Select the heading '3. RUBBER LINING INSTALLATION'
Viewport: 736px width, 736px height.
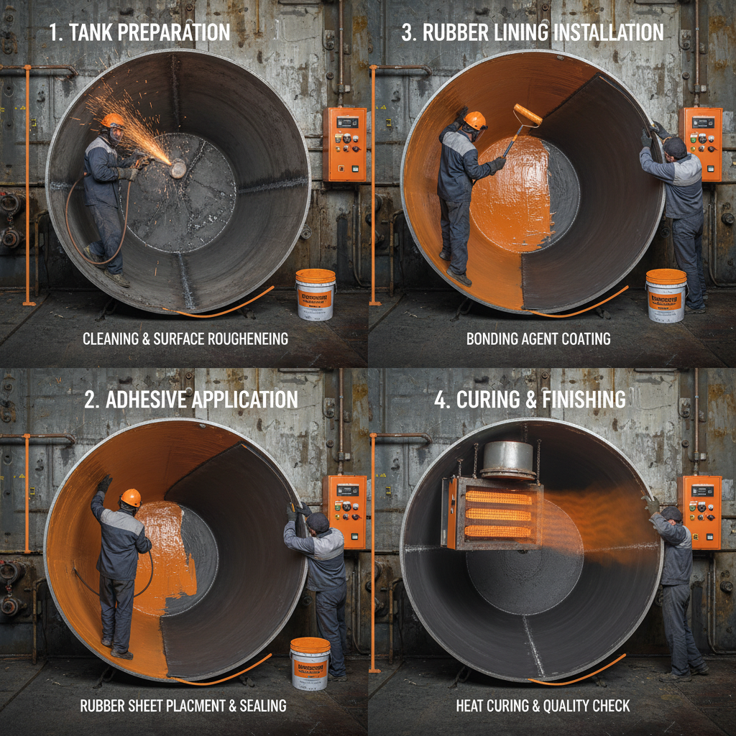[533, 32]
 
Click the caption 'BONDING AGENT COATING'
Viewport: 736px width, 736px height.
[538, 339]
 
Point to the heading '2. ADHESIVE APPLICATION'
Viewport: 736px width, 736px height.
[190, 400]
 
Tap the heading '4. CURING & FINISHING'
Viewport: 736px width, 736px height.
[530, 400]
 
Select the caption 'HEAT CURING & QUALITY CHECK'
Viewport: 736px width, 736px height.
[543, 706]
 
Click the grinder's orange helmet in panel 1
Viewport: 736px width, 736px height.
[112, 120]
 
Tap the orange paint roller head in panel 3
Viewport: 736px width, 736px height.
[528, 115]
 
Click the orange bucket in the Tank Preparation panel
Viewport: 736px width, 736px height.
[316, 294]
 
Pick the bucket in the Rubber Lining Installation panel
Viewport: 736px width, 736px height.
[666, 295]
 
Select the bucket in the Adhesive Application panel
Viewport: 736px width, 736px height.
[310, 663]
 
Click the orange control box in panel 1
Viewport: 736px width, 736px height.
[344, 144]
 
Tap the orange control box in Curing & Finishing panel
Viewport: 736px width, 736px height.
[700, 511]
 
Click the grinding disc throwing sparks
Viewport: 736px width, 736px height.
[178, 168]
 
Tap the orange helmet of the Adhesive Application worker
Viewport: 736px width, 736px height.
[131, 497]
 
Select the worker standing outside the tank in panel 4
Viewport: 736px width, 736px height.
[676, 589]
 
